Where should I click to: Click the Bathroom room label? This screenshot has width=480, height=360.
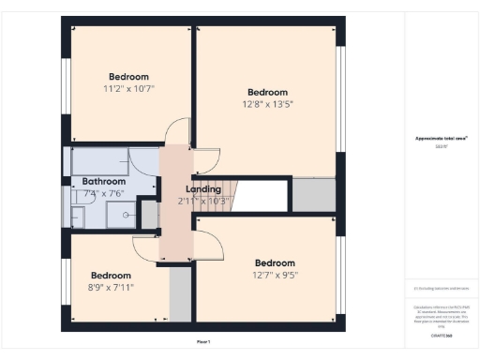(x=103, y=181)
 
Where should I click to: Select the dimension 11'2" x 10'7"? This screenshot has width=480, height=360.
(x=128, y=88)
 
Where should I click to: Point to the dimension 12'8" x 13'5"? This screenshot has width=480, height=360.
(x=267, y=104)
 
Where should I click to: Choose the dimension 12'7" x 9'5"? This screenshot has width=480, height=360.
(x=275, y=276)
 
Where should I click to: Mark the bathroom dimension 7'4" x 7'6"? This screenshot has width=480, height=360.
(x=104, y=193)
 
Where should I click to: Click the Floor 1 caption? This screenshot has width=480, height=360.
(x=203, y=341)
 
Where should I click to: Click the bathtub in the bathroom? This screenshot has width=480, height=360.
(x=97, y=161)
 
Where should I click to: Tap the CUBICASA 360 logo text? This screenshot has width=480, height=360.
(x=441, y=336)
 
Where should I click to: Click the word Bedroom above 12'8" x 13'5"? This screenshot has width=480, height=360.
(x=267, y=92)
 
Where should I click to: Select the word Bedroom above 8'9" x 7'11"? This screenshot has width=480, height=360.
(x=110, y=276)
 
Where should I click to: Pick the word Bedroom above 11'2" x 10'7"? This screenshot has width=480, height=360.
(x=128, y=77)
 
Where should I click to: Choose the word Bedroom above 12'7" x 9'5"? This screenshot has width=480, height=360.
(x=275, y=263)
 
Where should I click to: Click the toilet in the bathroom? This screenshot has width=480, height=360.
(x=78, y=217)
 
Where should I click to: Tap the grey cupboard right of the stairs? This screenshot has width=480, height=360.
(x=313, y=194)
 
